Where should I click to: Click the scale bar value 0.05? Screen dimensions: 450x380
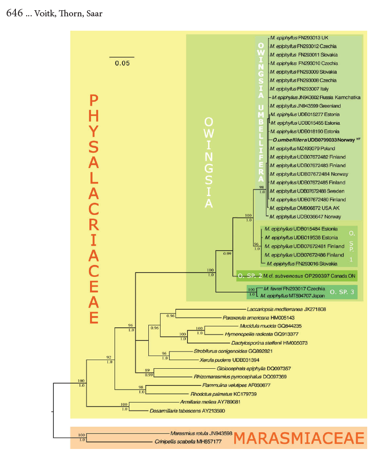(x=122, y=63)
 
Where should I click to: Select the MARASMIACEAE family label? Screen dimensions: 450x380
(x=299, y=438)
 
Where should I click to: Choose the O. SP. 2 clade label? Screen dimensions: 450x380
(x=249, y=276)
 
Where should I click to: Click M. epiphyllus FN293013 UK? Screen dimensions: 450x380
(x=300, y=38)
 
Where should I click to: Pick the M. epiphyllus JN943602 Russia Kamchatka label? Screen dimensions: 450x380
(x=317, y=97)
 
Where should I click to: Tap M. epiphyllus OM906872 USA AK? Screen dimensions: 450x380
(x=305, y=207)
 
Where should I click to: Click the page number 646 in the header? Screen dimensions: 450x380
(x=14, y=13)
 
